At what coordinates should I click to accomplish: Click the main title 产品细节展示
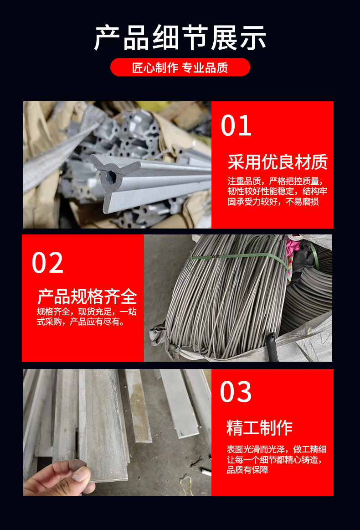point(180,38)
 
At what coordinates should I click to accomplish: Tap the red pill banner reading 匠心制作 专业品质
point(180,67)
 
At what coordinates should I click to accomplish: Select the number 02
point(47,263)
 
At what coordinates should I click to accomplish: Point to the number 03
point(236,392)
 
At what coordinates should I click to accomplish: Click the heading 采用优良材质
point(278,162)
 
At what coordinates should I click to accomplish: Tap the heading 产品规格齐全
point(87,296)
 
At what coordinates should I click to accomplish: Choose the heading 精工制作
point(260,427)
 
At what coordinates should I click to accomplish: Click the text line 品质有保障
point(247,470)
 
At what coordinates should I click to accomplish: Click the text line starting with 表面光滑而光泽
point(277,449)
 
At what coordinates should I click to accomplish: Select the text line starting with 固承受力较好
point(273,202)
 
